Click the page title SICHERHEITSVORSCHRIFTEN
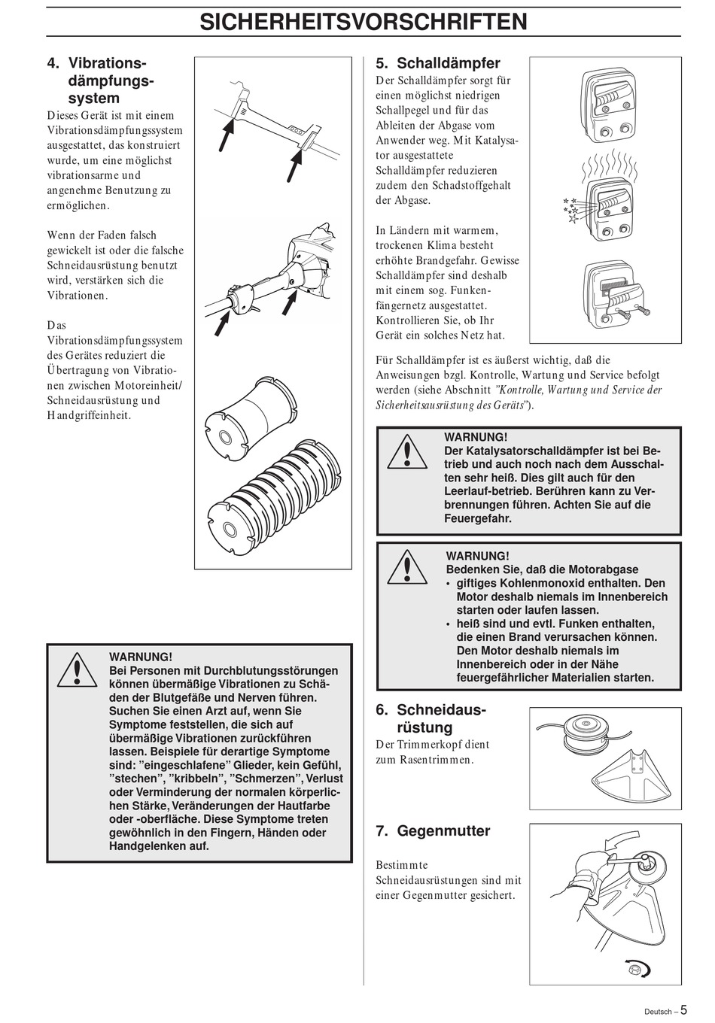click(x=364, y=22)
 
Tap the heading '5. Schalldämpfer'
click(x=438, y=63)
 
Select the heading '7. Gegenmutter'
click(x=433, y=830)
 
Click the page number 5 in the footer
click(x=683, y=1009)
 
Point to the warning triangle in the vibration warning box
click(x=78, y=671)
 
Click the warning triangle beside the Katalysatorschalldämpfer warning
click(x=407, y=452)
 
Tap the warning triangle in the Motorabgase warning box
click(x=407, y=568)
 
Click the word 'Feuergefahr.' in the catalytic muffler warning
click(x=478, y=519)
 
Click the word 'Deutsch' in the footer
click(x=658, y=1012)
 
